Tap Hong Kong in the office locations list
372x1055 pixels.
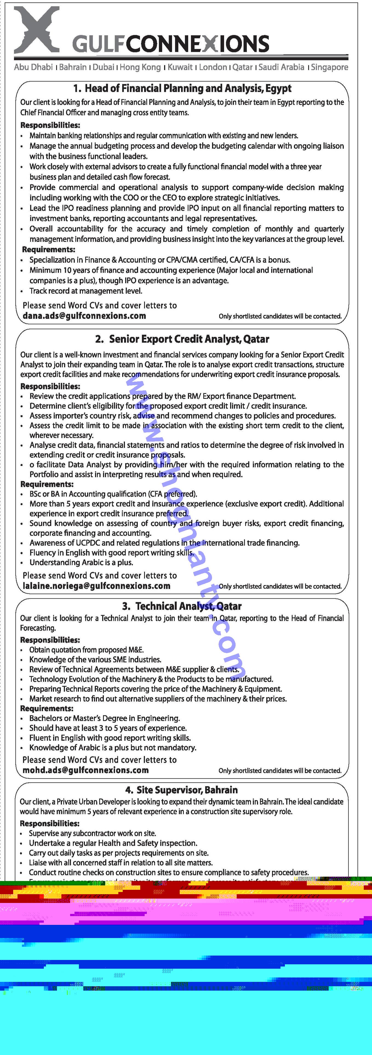point(140,67)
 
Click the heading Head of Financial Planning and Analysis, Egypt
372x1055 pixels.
point(182,88)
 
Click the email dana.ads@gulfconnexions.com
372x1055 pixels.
point(84,316)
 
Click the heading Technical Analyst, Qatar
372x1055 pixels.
point(182,606)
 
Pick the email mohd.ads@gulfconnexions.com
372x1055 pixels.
point(86,770)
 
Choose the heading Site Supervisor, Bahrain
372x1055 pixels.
point(182,790)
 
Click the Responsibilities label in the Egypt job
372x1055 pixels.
point(50,125)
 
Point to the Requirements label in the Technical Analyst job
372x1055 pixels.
point(47,708)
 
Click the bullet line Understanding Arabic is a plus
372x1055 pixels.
point(81,562)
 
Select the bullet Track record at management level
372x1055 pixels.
point(86,291)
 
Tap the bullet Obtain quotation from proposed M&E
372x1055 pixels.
point(87,650)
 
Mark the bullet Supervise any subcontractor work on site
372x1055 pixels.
point(92,833)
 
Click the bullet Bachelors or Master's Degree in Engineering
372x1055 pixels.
point(104,718)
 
